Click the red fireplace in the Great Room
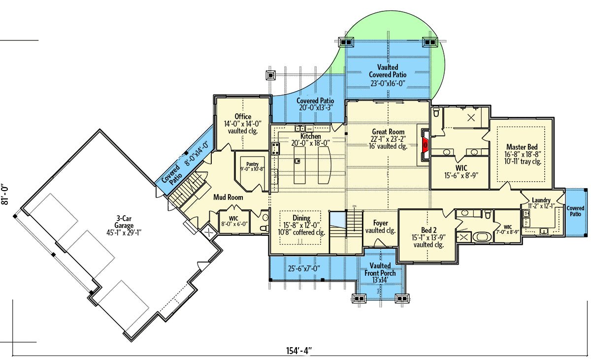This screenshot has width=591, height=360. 425,145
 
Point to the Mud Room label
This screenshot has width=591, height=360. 228,197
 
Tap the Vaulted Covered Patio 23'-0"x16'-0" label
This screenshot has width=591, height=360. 388,75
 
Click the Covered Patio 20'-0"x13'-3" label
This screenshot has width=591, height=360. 315,104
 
